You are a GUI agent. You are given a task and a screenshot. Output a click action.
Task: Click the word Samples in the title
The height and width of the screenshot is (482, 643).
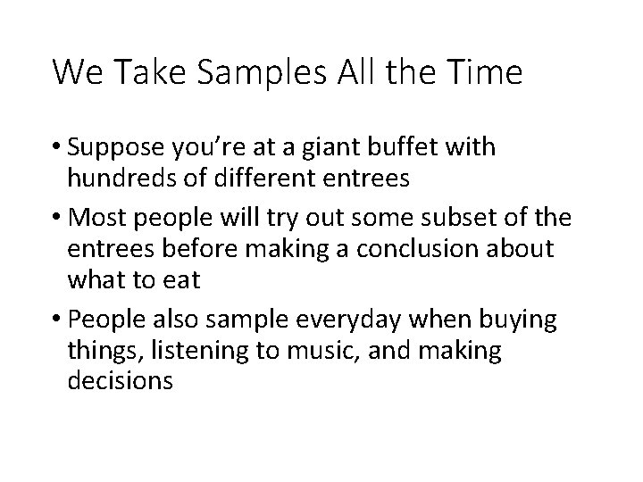click(x=268, y=72)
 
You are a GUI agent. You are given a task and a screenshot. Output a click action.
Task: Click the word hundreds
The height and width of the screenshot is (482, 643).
click(x=123, y=179)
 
